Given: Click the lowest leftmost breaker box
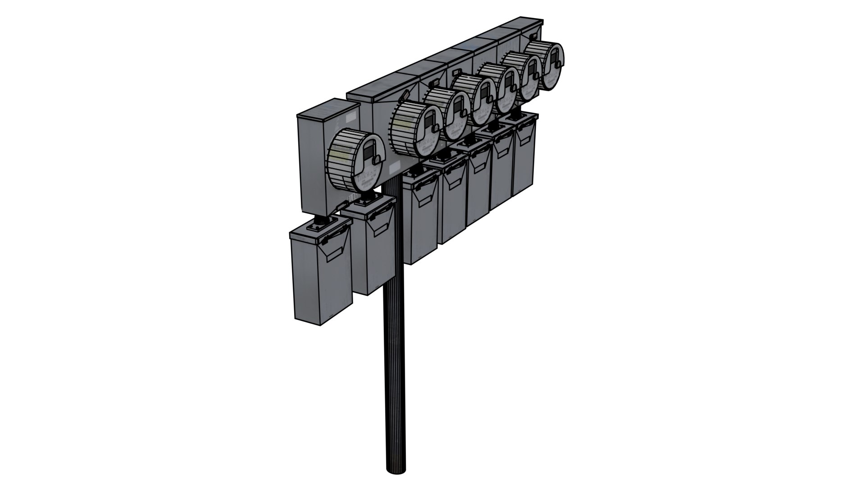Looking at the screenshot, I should [x=320, y=275].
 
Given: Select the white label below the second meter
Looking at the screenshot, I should [x=394, y=169].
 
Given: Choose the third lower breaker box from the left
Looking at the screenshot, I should [x=421, y=216].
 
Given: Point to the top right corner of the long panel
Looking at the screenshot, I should [x=542, y=21].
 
